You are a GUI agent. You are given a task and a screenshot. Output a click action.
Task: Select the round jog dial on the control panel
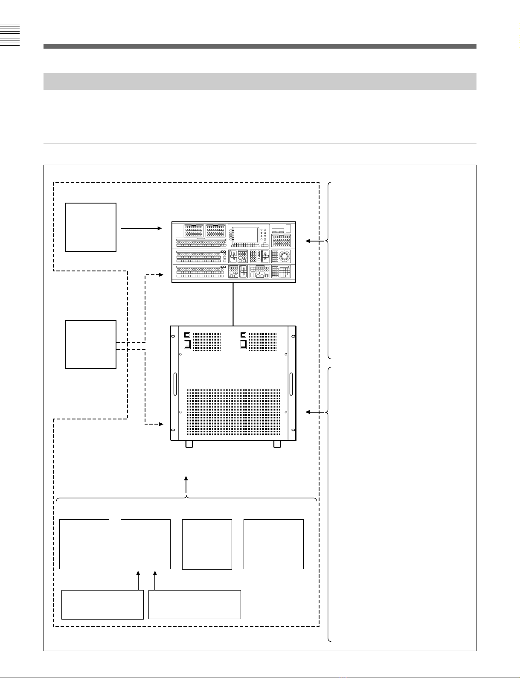(x=285, y=256)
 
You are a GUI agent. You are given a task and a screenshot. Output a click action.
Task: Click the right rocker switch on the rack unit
(x=243, y=343)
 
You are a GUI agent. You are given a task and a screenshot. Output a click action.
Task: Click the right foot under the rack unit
(x=277, y=444)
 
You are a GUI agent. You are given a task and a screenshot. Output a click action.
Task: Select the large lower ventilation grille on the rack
(x=233, y=411)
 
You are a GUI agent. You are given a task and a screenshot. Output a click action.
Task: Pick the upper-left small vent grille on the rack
(x=207, y=342)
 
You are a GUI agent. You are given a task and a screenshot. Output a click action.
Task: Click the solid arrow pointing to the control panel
(x=142, y=229)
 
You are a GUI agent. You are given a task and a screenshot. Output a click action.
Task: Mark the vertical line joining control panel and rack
(x=233, y=304)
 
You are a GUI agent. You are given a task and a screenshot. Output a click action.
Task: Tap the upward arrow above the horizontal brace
(x=186, y=485)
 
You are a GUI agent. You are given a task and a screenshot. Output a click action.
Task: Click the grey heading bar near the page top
(x=260, y=81)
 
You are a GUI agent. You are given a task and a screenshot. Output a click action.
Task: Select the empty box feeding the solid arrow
(x=90, y=227)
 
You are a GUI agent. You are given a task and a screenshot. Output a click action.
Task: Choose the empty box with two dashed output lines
(x=90, y=344)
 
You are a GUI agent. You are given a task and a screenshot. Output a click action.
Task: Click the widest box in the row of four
(x=273, y=544)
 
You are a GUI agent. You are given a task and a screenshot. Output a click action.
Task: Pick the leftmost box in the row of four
(x=84, y=544)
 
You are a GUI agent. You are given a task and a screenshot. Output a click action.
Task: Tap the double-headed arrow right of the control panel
(x=314, y=242)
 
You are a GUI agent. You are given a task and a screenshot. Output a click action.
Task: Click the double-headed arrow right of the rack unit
(x=314, y=412)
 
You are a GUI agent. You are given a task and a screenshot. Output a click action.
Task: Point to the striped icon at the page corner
(x=10, y=37)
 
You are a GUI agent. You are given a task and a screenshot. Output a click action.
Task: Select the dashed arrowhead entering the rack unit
(x=161, y=424)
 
